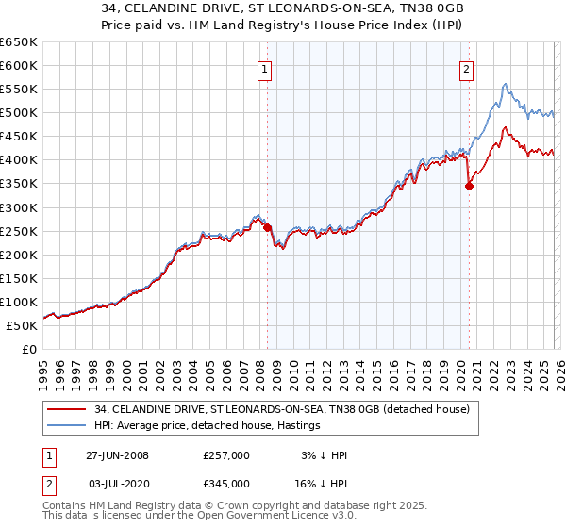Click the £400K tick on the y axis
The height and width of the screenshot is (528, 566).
19,160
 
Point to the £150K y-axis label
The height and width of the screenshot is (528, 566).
19,278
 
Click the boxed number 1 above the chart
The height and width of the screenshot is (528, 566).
266,68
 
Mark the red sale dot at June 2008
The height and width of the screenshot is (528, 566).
267,227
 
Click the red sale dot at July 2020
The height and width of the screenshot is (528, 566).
469,186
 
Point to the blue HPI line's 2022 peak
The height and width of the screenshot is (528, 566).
506,84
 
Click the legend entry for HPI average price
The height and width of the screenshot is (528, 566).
207,425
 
